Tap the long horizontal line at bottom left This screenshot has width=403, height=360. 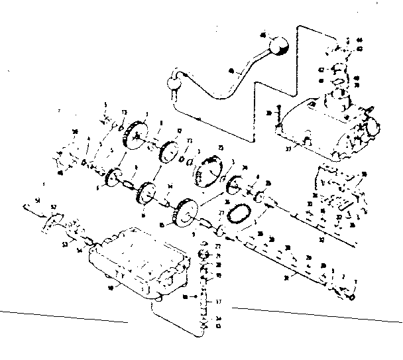pos(63,316)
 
